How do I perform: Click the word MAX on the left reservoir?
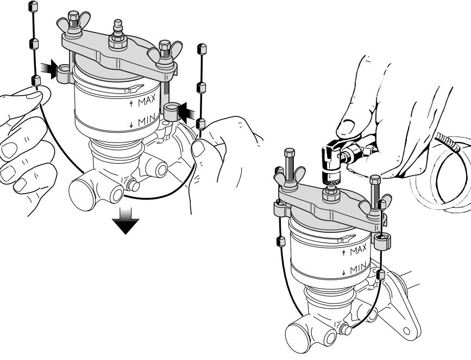[x=147, y=101]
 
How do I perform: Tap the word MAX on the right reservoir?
[x=359, y=250]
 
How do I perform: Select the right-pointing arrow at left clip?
[x=49, y=69]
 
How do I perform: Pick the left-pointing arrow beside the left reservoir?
[x=186, y=113]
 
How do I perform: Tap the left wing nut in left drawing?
[x=73, y=24]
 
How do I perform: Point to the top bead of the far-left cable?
[x=33, y=6]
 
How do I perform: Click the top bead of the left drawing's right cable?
[x=202, y=49]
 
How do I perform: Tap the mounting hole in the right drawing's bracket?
[x=406, y=331]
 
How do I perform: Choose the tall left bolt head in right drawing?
[x=289, y=152]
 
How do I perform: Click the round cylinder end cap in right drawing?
[x=297, y=336]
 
